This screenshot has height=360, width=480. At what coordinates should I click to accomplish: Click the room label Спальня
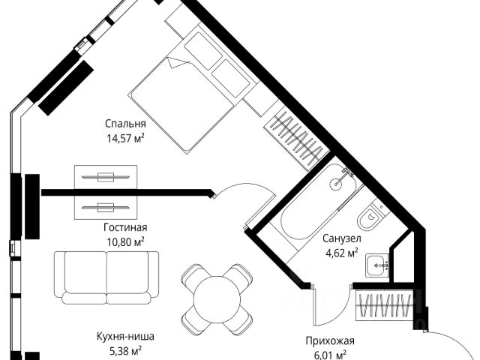coord(125,124)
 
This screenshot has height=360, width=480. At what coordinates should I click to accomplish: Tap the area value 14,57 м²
coord(125,137)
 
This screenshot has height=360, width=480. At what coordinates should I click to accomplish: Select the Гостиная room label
coord(125,228)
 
